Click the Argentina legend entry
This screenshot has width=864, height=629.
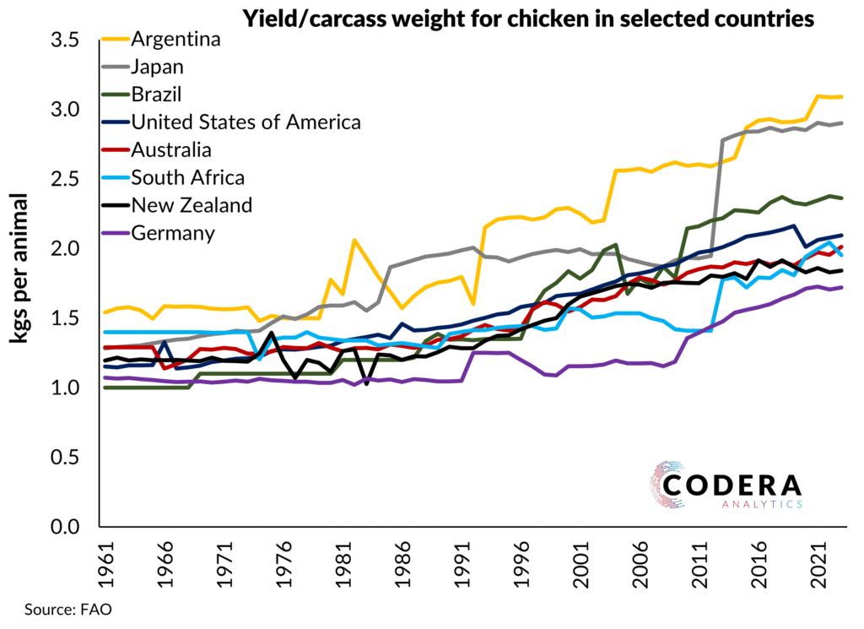[176, 40]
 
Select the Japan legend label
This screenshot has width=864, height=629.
[158, 67]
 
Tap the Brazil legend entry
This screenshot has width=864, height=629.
[157, 94]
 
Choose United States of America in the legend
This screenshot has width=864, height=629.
[246, 122]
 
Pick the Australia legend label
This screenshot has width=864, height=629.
[171, 149]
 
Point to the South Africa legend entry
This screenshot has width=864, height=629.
[188, 177]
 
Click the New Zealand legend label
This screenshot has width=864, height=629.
[192, 204]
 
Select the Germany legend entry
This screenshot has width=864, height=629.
[173, 232]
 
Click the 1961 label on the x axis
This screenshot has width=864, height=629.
[102, 561]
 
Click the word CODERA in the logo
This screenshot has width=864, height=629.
[732, 485]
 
